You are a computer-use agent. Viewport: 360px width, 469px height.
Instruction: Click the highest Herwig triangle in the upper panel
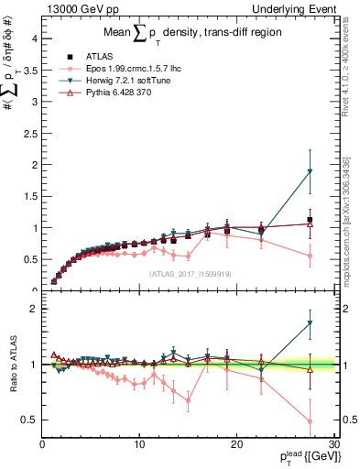pyautogui.click(x=310, y=171)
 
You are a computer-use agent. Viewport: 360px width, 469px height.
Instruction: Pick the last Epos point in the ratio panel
pyautogui.click(x=310, y=421)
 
